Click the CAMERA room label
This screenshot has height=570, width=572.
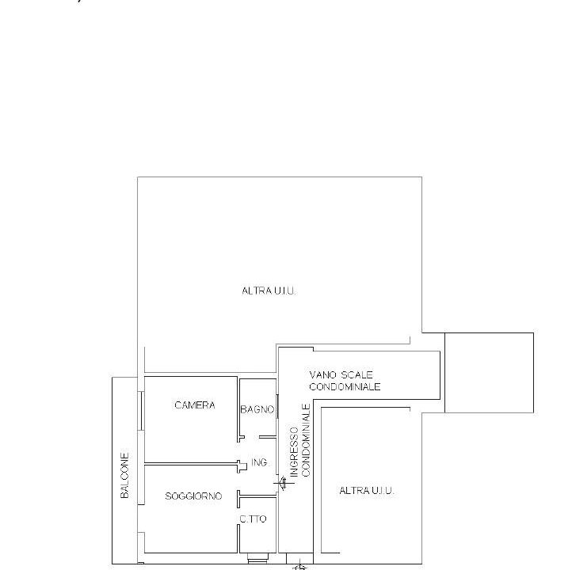(195, 405)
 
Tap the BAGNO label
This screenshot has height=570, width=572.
(257, 409)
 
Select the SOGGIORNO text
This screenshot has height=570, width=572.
(193, 496)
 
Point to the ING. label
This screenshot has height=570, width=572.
(260, 462)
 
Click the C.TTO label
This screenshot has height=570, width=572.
(253, 519)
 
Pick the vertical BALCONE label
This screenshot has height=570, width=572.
(124, 475)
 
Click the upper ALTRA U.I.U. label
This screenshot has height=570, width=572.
(269, 291)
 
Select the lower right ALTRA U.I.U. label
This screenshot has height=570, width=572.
(367, 491)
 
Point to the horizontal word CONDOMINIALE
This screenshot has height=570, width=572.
(345, 386)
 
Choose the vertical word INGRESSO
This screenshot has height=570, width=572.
(294, 452)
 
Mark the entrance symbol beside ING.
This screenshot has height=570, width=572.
(284, 483)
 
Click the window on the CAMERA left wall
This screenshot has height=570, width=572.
(142, 411)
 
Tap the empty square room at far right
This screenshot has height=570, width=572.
(489, 372)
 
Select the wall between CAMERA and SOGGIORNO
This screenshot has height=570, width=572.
(191, 464)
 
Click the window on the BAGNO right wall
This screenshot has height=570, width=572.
(277, 406)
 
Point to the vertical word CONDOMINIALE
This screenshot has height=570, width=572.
(306, 440)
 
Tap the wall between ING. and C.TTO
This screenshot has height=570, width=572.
(258, 496)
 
